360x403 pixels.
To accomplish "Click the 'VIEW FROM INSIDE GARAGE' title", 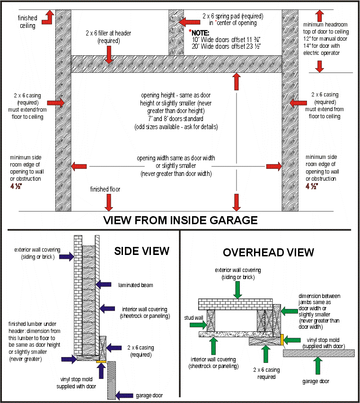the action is coord(180,220).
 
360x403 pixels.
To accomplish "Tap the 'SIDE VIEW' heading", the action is coord(142,251).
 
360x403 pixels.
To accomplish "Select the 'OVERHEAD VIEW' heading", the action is coord(268,253).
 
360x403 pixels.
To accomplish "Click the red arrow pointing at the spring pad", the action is coord(189,22).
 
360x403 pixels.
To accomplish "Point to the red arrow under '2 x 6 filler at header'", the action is coord(109,55).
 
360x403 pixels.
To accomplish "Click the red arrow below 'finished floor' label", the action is coord(109,202).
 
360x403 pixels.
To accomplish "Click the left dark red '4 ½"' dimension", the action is coord(16,186).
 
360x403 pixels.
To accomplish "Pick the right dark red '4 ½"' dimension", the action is coord(312,186).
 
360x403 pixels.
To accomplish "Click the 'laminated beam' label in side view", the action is coord(136,285).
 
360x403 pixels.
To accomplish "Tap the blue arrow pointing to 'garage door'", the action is coord(124,395).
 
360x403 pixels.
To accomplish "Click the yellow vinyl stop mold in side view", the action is coord(101,362).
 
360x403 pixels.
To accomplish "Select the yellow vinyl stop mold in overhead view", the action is coord(282,340).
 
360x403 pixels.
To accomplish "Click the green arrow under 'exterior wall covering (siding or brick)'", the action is coord(237,290).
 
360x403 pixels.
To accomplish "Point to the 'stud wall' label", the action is coord(193,318).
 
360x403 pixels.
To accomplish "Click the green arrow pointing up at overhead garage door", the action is coord(318,366).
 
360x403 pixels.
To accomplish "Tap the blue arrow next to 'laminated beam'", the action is coord(104,285).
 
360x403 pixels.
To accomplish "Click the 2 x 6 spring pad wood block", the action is coord(176,33).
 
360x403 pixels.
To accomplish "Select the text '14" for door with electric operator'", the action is coord(322,49).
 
